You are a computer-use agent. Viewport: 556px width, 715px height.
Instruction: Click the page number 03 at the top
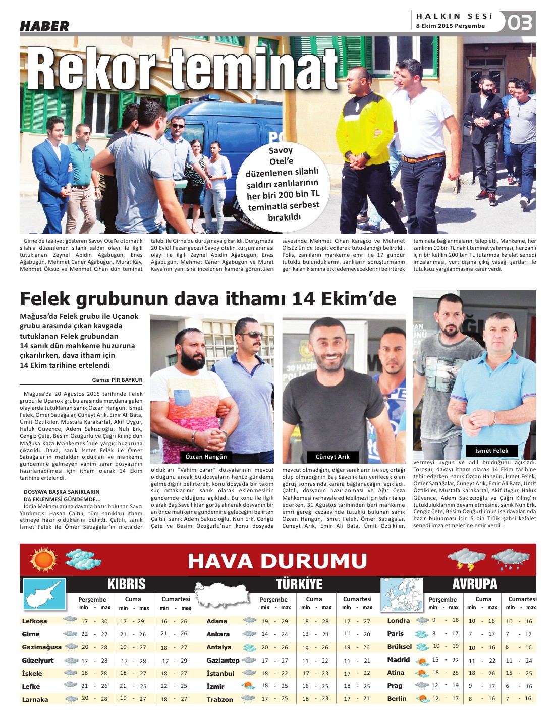(x=520, y=23)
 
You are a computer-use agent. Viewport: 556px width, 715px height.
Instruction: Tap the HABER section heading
(x=44, y=26)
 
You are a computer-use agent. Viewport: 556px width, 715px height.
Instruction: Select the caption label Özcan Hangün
(x=206, y=457)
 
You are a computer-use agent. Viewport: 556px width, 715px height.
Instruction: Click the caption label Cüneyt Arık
(x=332, y=457)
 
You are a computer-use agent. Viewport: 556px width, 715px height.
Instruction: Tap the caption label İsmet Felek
(x=491, y=451)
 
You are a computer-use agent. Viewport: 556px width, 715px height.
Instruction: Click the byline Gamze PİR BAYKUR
(x=117, y=380)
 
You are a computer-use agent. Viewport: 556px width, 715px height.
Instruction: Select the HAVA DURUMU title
(x=277, y=561)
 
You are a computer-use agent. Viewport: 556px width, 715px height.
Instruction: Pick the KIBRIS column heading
(x=126, y=584)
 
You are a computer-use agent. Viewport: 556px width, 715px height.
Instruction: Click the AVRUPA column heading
(x=475, y=584)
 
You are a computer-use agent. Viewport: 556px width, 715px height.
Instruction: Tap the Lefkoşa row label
(x=34, y=621)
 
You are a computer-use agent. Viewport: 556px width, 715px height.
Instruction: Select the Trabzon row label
(x=219, y=699)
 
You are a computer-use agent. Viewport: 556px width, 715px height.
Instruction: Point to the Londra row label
(x=398, y=621)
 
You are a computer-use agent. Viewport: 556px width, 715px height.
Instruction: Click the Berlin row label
(x=397, y=699)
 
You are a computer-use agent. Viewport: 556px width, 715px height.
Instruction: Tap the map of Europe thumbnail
(x=401, y=594)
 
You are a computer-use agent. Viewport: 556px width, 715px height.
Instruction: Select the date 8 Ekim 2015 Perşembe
(x=450, y=26)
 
